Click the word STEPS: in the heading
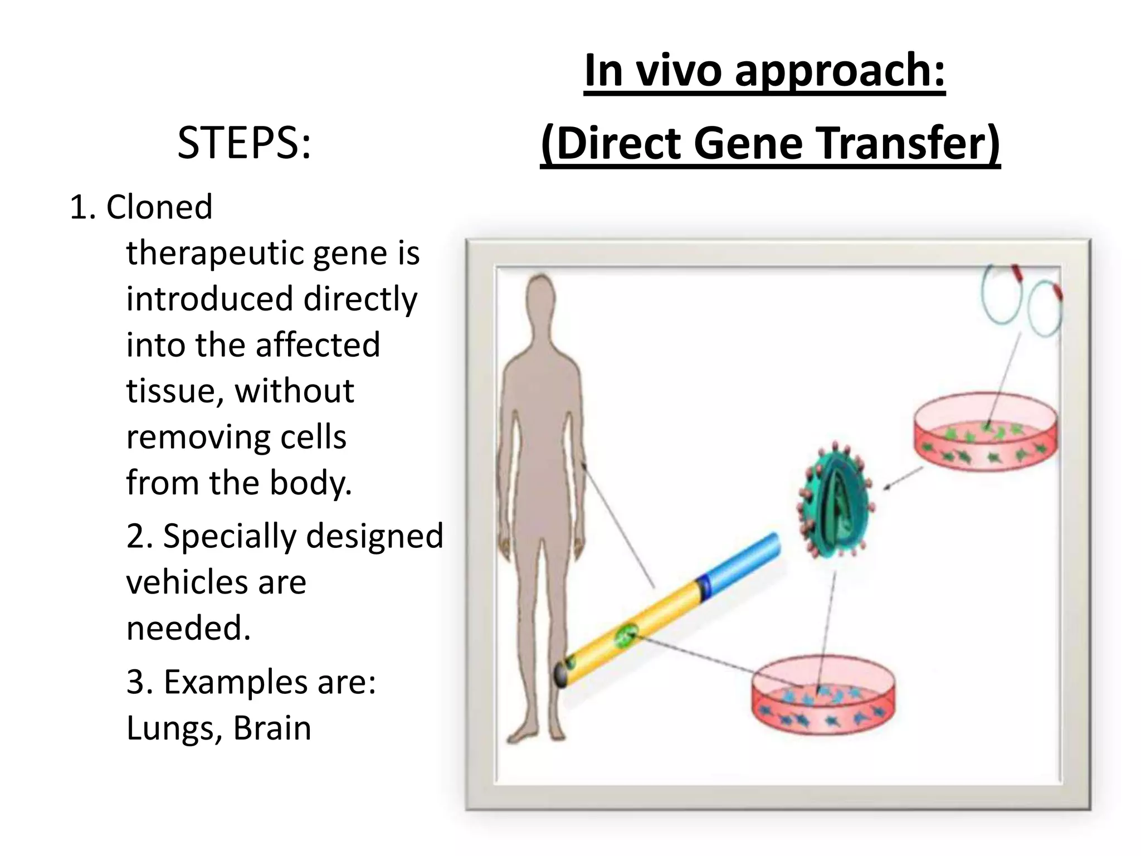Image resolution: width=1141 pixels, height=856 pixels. click(243, 143)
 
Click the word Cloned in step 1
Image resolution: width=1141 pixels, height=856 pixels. click(159, 207)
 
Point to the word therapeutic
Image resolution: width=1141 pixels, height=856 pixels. click(214, 253)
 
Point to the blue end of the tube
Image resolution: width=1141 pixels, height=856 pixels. click(741, 563)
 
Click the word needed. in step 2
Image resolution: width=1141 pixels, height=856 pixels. click(188, 628)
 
